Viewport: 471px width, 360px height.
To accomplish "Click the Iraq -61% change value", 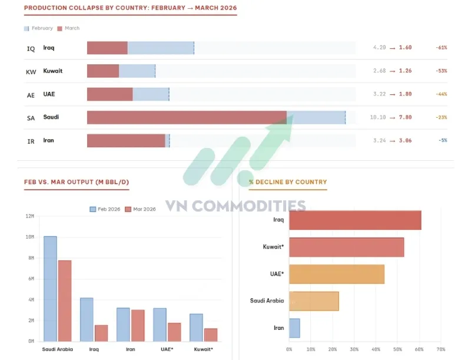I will [x=441, y=47].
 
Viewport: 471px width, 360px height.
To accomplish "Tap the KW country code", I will [x=31, y=71].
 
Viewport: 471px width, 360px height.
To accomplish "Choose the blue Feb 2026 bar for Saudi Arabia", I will [x=50, y=289].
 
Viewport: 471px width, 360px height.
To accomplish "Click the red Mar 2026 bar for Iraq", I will [x=101, y=333].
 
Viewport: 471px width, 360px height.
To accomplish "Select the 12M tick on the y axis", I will [x=29, y=216].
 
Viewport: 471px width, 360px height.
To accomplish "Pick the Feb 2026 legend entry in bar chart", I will [x=106, y=209].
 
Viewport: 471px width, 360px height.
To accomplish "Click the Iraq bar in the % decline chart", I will [x=355, y=220].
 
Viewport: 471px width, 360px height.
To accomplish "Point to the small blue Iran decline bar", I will [x=294, y=328].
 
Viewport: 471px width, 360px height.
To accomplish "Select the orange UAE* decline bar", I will [x=336, y=274].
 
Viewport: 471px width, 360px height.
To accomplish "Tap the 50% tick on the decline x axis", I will [x=397, y=349].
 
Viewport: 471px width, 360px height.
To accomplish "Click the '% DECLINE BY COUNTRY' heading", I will [x=288, y=182].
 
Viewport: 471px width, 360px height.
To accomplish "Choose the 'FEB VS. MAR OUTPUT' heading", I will [x=77, y=182].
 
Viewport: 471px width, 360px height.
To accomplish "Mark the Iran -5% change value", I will [x=442, y=141].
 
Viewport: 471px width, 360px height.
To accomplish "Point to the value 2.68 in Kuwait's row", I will [x=379, y=71].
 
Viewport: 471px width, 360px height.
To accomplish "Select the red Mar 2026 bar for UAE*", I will [x=174, y=332].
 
